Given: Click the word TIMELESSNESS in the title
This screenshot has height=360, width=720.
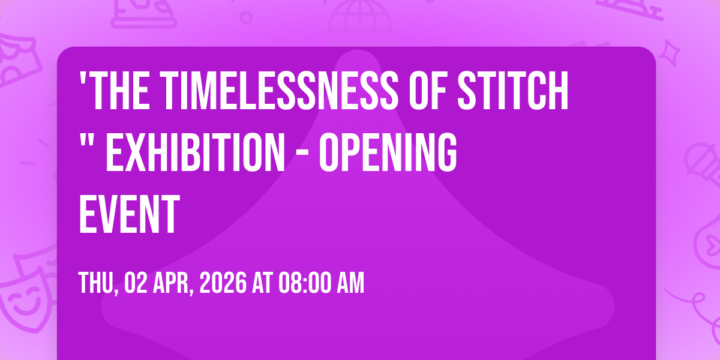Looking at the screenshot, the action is click(278, 91).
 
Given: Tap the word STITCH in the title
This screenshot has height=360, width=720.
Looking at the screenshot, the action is click(512, 91).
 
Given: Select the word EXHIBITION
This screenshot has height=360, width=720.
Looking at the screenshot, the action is click(196, 152).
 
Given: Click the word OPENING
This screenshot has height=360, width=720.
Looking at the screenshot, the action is click(388, 152).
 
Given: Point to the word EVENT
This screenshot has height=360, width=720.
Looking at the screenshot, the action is click(129, 214).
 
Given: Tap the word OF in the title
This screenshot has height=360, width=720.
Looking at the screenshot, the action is click(427, 91).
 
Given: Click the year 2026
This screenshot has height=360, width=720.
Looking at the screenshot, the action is click(223, 283).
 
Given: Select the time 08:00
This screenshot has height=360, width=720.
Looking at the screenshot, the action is click(305, 283).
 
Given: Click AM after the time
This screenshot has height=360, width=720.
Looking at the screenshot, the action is click(350, 283).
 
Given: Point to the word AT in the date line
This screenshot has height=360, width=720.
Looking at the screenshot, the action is click(262, 283).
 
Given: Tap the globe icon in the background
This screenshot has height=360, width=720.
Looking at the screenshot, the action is click(360, 21).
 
